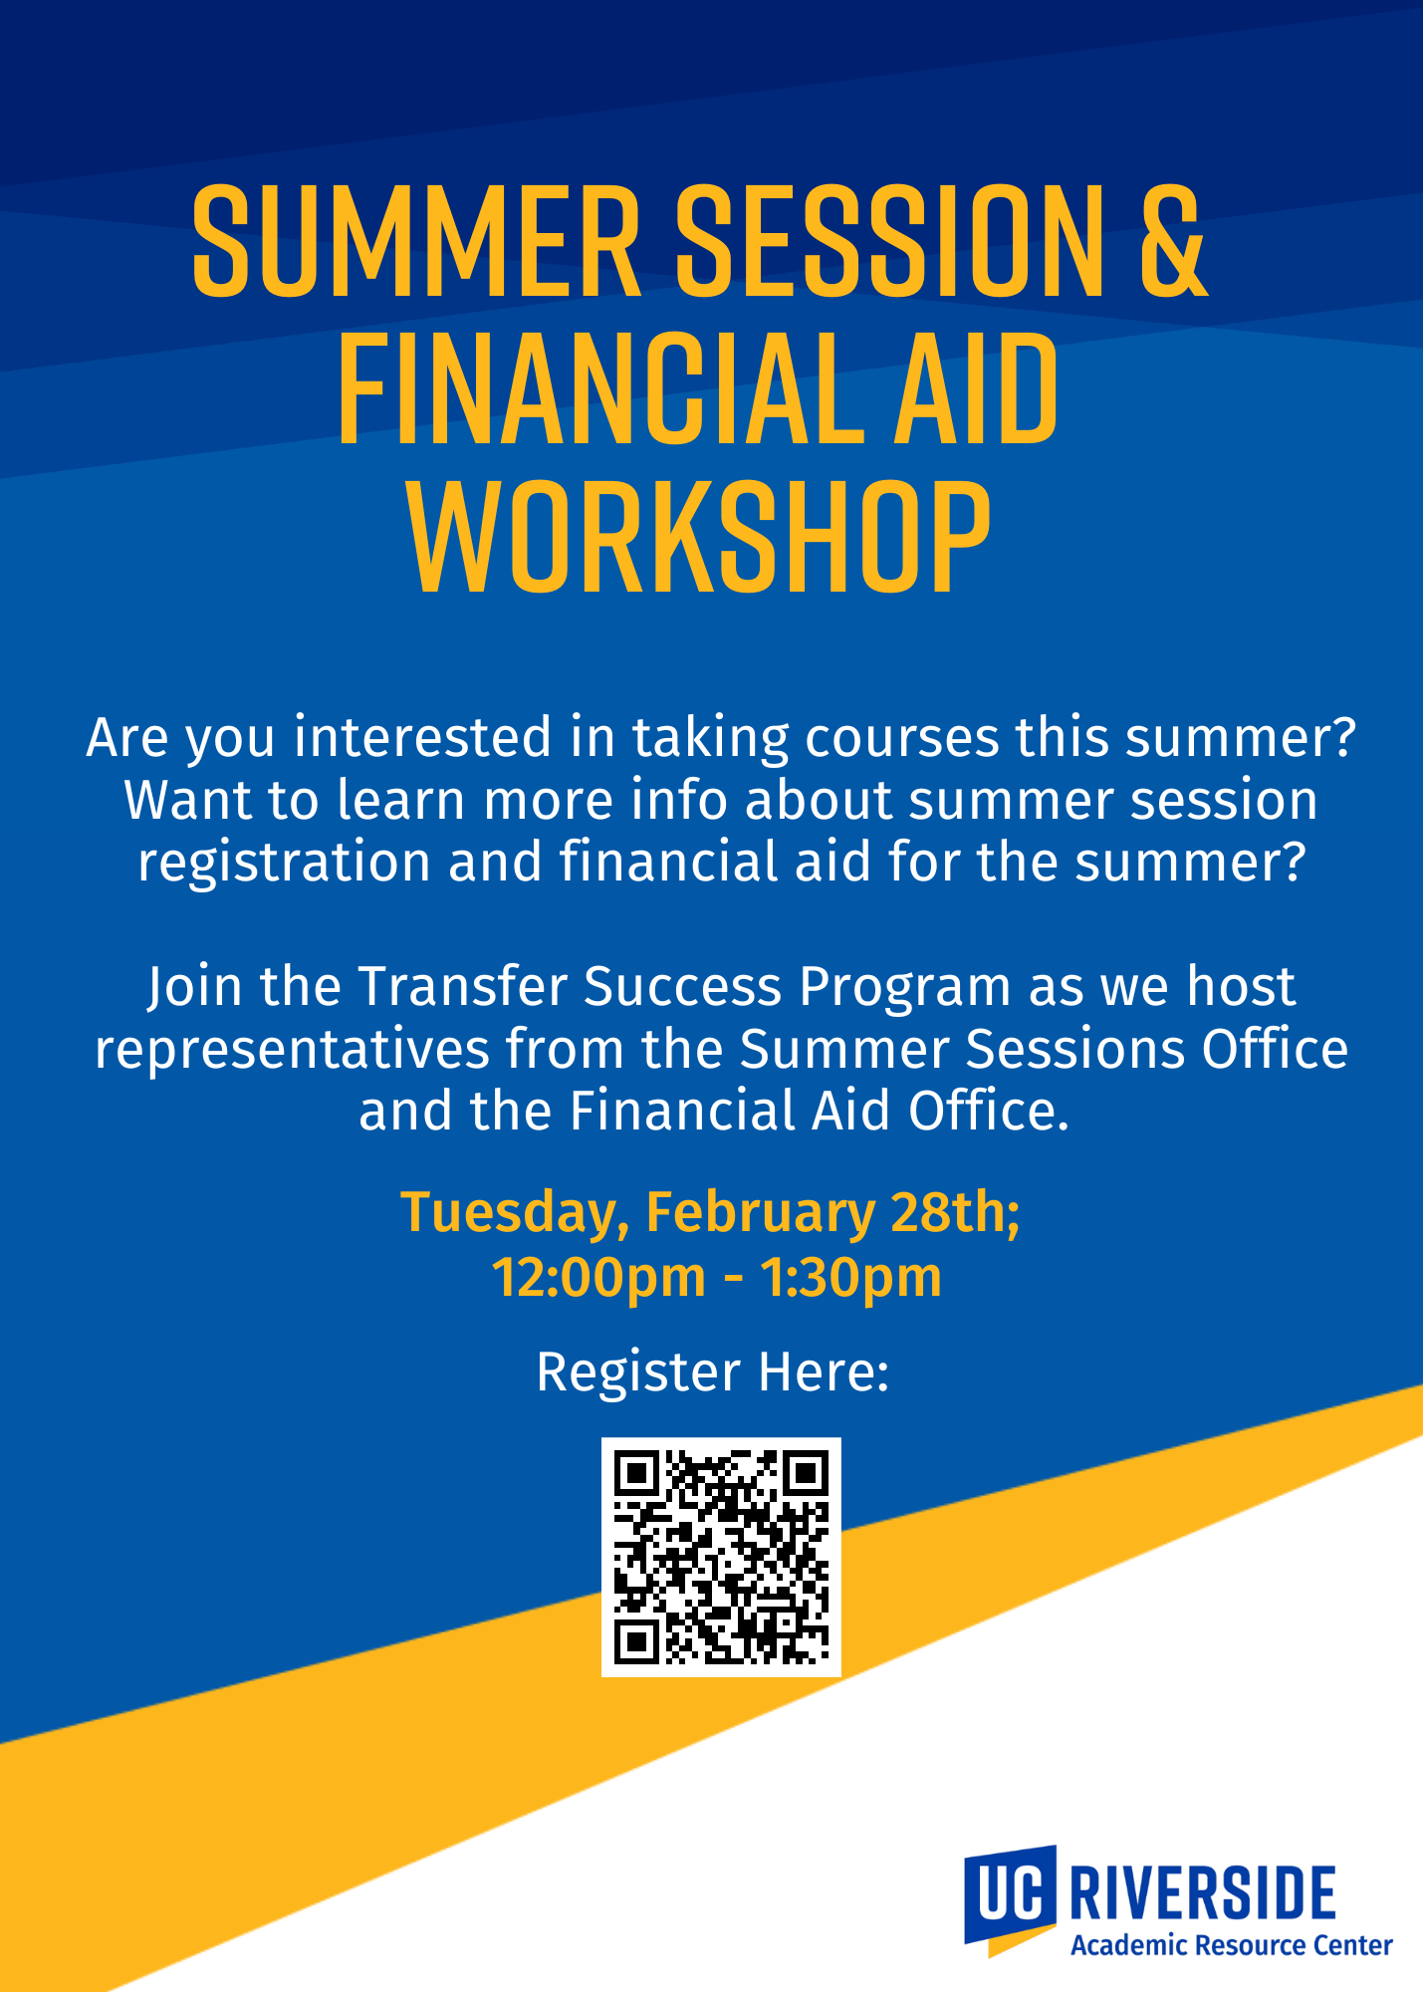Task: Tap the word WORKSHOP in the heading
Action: pos(699,538)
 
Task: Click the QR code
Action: pos(721,1557)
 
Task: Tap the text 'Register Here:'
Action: pos(712,1371)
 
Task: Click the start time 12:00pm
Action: pos(598,1279)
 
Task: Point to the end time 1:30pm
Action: pos(851,1279)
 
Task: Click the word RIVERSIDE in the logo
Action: pos(1202,1892)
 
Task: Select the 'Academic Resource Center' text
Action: pos(1231,1945)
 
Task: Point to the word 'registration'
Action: pos(284,863)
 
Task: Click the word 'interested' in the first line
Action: pos(422,737)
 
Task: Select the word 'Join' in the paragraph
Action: pos(195,987)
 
